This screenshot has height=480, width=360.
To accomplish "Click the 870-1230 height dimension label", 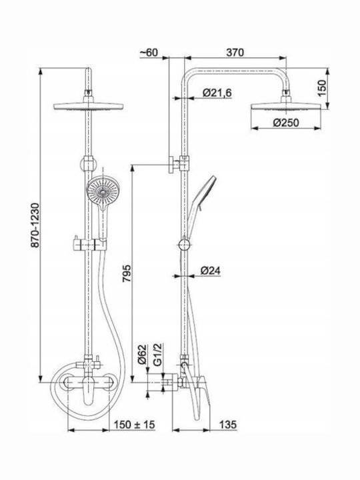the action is pos(35,225).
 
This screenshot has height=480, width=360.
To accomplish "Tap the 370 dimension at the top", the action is pos(235,53).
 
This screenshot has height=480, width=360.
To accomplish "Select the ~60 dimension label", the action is pos(149,53).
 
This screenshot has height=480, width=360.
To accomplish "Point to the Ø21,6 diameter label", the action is pos(217,92).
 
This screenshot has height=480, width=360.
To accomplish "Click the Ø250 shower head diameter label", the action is pos(286,123).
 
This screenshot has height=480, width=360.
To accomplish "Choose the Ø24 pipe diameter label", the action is pos(210,270).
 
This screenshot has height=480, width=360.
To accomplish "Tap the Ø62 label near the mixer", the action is pos(142,354).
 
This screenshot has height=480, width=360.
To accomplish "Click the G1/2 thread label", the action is pos(157,354).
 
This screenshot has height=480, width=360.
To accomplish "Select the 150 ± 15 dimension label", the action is pos(135,425).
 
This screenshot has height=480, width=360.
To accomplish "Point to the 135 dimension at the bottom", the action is pos(228,425).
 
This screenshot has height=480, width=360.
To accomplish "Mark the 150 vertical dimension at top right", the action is pos(322,88).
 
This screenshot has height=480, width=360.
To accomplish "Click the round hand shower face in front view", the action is pos(103,191).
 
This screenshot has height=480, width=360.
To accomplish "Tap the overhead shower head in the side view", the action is pos(286,104).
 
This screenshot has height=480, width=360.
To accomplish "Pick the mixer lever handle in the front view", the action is pos(89,392).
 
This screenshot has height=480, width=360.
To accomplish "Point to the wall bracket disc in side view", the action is pos(171,165).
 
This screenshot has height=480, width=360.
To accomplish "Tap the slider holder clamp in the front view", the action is pos(89,244).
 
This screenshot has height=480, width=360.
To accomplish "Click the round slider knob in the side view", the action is pos(184,245).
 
